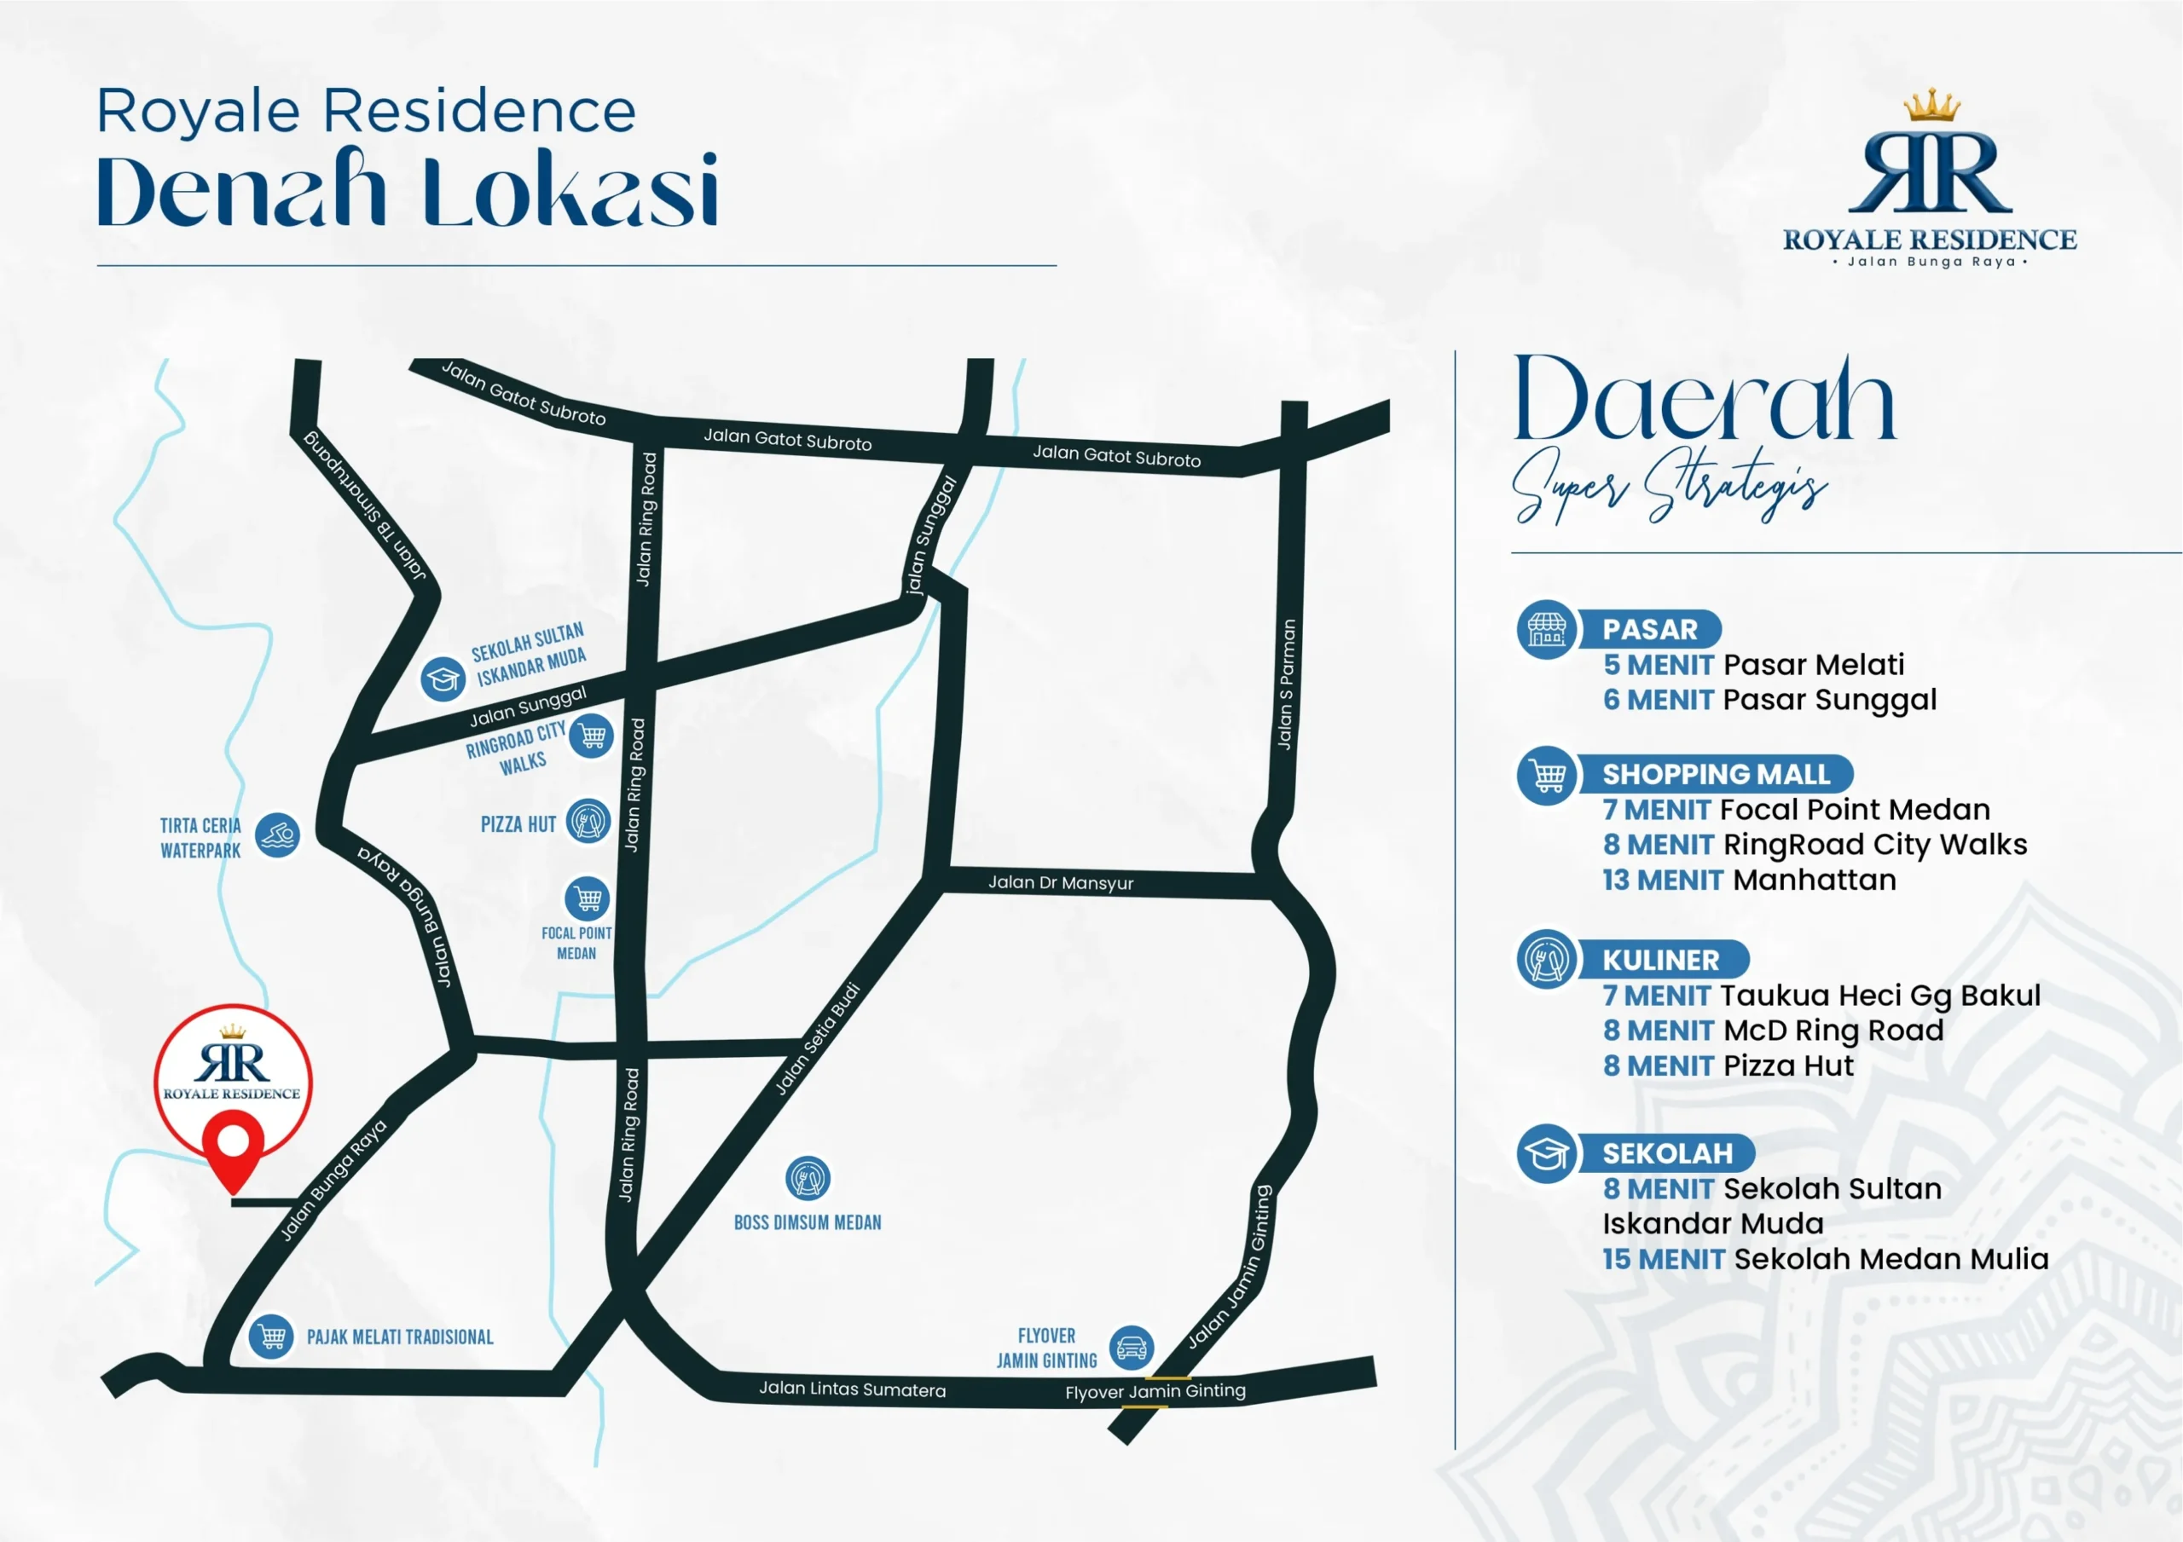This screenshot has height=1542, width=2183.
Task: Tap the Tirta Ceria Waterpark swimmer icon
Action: pos(278,835)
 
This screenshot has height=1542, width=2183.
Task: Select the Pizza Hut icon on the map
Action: pos(588,822)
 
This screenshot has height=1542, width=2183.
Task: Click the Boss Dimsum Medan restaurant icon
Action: pos(808,1179)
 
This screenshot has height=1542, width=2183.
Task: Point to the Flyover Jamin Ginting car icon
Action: pos(1132,1347)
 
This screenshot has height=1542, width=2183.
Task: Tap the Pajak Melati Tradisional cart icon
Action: pos(271,1337)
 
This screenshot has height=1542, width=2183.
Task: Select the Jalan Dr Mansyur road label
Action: pos(1060,882)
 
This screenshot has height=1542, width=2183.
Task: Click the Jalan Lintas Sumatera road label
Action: pos(852,1389)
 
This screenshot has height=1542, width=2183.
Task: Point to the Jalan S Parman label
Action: pos(1285,684)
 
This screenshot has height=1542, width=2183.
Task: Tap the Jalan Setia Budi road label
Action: pos(818,1039)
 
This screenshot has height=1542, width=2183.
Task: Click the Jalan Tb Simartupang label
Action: pos(366,505)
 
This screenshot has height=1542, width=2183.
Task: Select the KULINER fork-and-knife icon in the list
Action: pos(1547,959)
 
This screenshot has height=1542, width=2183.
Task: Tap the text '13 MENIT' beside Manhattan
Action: pos(1662,881)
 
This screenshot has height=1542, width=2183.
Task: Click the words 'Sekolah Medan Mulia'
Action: pos(1891,1259)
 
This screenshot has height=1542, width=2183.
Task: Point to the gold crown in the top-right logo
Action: pos(1931,107)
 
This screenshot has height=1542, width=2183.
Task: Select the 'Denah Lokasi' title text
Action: pos(407,191)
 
